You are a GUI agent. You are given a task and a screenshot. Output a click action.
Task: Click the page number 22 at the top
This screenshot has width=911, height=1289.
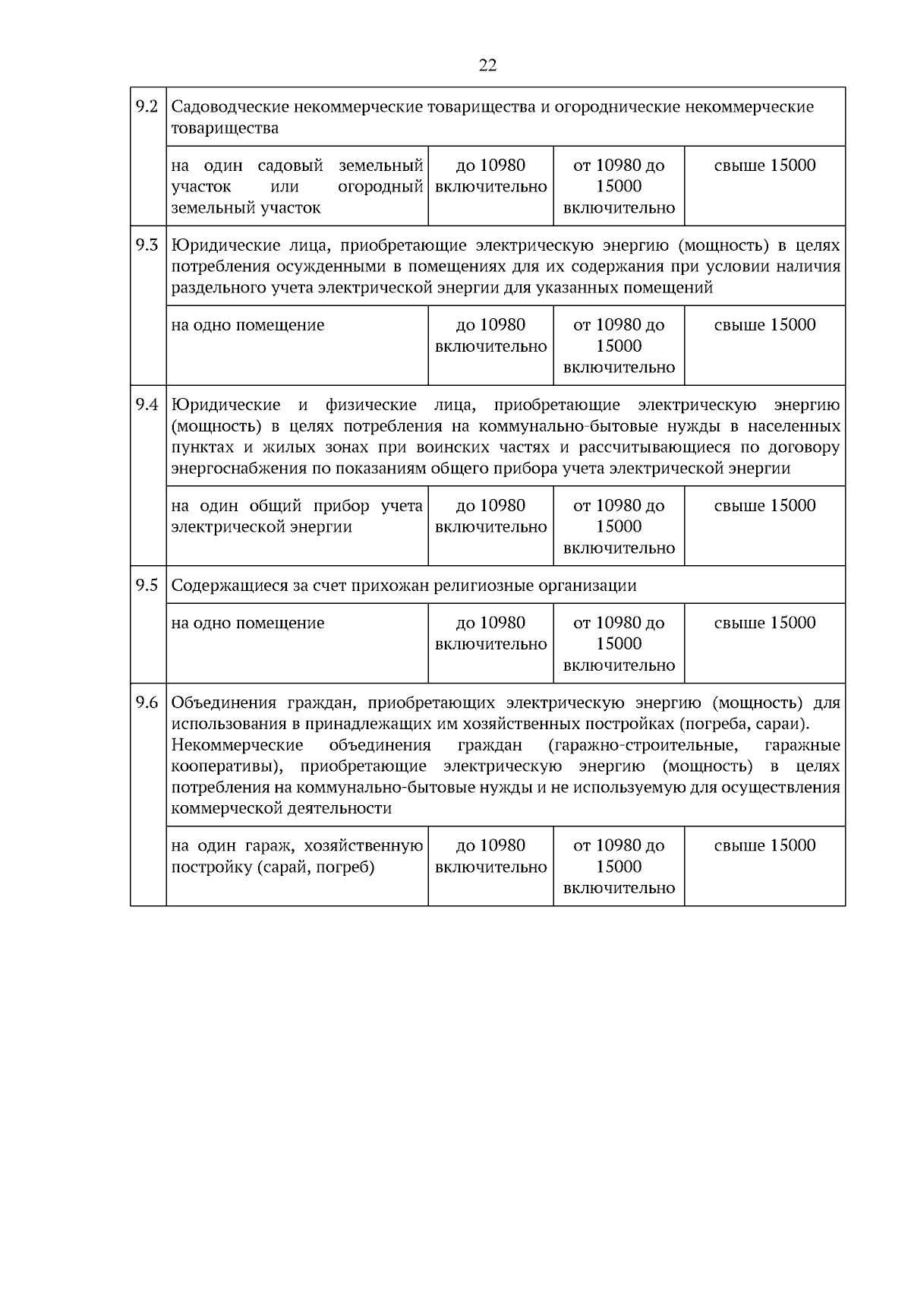coord(488,66)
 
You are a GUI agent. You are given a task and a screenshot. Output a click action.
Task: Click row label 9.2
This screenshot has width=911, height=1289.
coord(147,106)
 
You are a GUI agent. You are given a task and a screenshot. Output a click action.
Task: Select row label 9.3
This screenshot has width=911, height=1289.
coord(147,245)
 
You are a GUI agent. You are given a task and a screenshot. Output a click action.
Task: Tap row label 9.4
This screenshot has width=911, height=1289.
coord(147,404)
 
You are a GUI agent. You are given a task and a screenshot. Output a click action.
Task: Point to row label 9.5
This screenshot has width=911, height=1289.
coord(147,585)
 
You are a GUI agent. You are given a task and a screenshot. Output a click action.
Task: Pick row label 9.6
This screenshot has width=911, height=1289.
coord(147,702)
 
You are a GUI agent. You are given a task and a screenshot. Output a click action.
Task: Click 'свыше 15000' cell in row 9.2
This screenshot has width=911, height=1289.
coord(764,166)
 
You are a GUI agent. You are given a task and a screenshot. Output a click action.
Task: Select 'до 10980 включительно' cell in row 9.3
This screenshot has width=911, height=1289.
coord(490,336)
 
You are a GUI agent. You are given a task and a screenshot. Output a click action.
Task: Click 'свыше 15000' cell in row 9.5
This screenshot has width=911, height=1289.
coord(764,623)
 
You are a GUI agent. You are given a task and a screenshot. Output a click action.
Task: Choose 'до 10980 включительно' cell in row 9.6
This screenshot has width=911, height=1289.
coord(490,856)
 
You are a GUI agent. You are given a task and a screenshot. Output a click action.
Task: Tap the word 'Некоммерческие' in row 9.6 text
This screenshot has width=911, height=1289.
coord(237,744)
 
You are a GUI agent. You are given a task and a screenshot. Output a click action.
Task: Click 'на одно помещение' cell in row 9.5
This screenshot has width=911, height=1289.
coord(247,623)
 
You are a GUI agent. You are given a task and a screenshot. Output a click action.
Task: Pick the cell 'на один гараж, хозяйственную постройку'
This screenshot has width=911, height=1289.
coord(297,856)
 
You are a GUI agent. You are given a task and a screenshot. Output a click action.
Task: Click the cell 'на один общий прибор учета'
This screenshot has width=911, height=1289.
coord(297,517)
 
